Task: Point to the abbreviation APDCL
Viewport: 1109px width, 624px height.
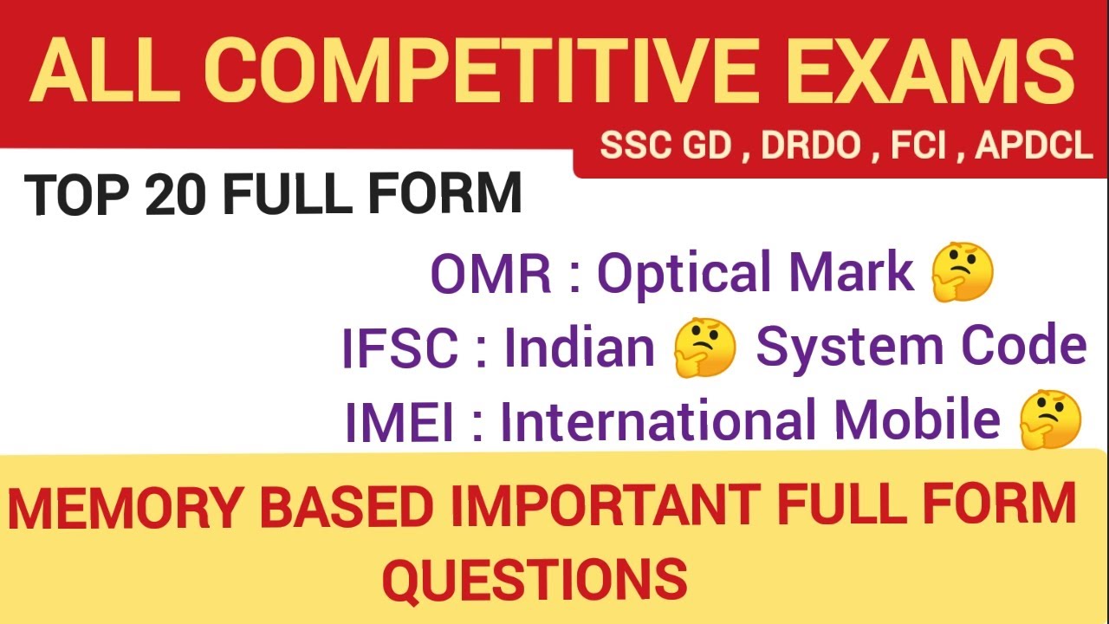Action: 1034,146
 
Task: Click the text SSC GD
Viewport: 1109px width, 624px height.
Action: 665,146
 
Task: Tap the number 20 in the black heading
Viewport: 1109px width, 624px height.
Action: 178,195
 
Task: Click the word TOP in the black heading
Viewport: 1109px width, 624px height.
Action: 76,195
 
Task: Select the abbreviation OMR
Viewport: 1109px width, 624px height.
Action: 490,274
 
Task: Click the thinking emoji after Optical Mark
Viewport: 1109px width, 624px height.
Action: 962,274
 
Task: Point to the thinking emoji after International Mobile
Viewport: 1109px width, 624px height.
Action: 1050,419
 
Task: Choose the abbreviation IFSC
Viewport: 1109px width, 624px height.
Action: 399,349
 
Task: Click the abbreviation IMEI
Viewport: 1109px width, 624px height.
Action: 399,422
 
